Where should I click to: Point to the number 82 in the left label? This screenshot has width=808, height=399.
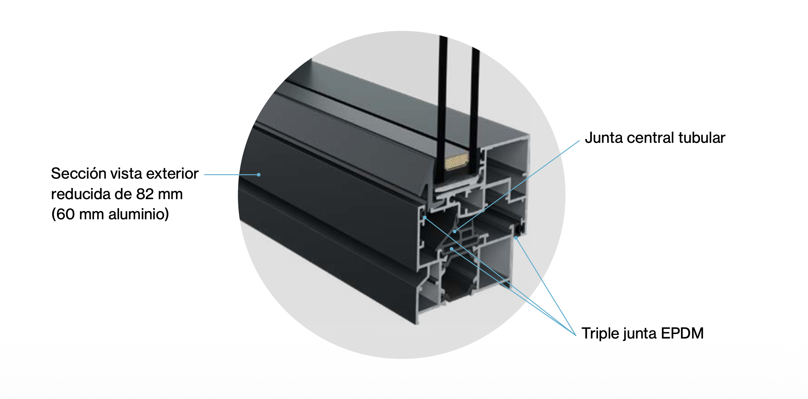(x=145, y=194)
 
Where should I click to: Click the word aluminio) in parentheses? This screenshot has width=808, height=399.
(x=138, y=214)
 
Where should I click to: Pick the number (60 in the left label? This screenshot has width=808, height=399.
(x=63, y=214)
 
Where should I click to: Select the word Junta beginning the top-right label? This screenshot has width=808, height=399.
(x=604, y=138)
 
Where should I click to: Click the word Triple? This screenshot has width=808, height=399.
(x=601, y=333)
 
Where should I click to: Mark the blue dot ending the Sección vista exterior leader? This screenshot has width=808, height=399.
(x=259, y=174)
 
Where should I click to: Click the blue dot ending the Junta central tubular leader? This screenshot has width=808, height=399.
(x=455, y=231)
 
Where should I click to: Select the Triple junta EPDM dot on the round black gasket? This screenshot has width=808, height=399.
(x=516, y=238)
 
